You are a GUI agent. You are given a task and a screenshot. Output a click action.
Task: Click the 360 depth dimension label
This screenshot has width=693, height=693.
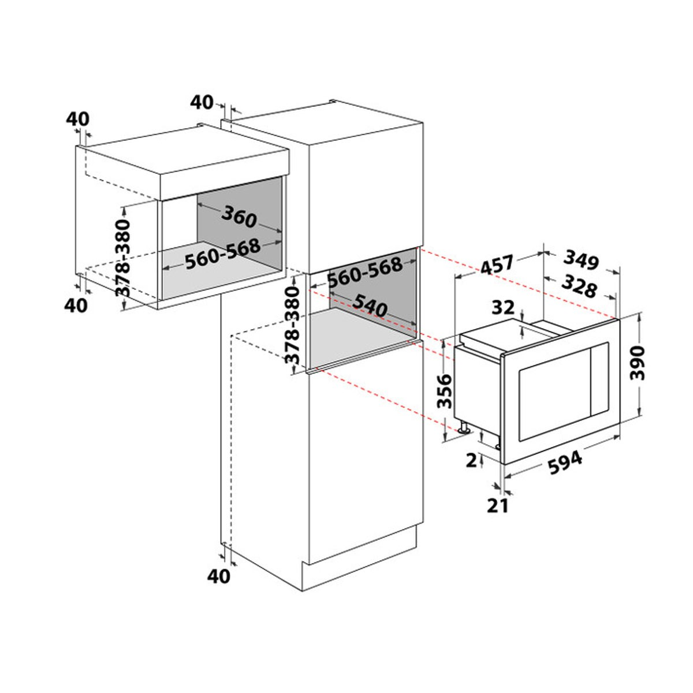tap(239, 217)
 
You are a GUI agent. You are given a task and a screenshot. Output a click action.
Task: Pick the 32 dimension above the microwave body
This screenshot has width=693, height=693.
tap(503, 308)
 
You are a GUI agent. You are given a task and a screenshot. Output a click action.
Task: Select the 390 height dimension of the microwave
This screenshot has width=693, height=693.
tap(638, 363)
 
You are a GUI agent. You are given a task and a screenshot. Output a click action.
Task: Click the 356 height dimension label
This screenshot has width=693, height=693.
tap(444, 392)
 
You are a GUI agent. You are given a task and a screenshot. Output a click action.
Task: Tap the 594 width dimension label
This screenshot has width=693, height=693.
tap(565, 463)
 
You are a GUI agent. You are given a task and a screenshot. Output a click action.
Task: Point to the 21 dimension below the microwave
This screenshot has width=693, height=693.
tap(498, 506)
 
